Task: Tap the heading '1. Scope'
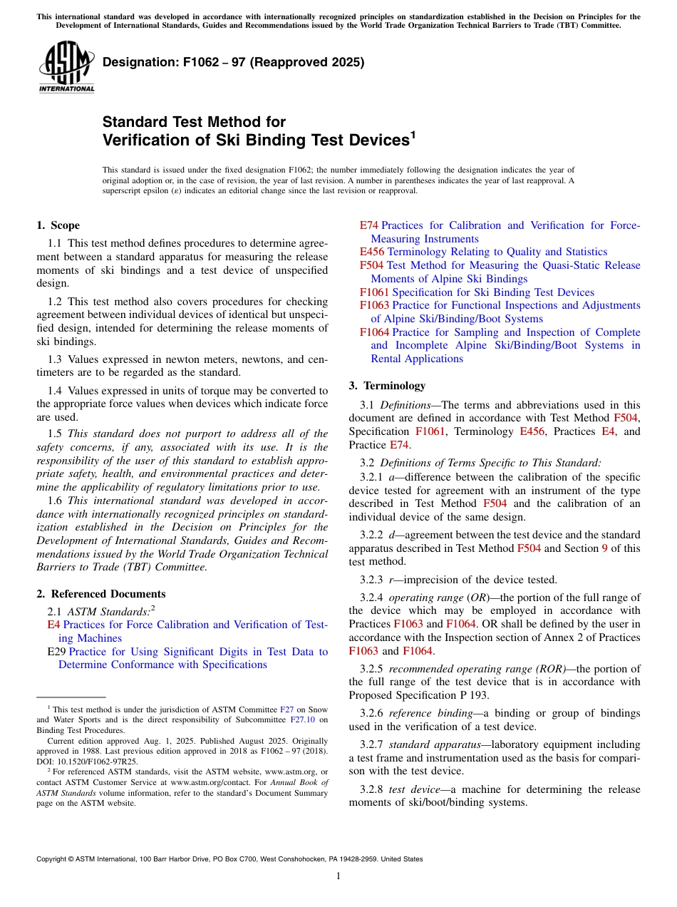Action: pyautogui.click(x=58, y=225)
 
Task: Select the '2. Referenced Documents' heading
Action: pyautogui.click(x=100, y=594)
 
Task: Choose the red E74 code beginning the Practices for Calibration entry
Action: pyautogui.click(x=369, y=225)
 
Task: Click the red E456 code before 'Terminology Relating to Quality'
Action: pyautogui.click(x=372, y=252)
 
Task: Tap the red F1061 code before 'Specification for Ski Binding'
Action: pyautogui.click(x=375, y=292)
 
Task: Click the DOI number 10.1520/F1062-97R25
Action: pyautogui.click(x=100, y=762)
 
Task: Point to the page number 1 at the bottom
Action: pyautogui.click(x=338, y=876)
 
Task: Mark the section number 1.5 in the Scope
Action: pyautogui.click(x=55, y=434)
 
